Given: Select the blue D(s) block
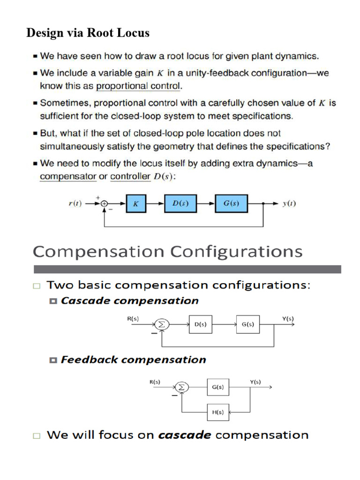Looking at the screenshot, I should coord(180,203).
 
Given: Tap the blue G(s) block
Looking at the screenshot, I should coord(231,203).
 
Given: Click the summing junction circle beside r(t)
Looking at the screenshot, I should coord(104,204).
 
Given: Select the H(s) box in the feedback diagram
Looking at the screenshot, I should coord(218,412).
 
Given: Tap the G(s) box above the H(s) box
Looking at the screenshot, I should coord(218,387).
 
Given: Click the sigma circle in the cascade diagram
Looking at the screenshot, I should coord(162,324).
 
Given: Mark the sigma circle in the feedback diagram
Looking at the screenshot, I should coord(182,387).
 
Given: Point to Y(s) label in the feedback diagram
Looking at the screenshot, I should coord(255,382).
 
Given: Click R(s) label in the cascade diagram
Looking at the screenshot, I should coord(133,319).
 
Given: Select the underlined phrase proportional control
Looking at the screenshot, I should coord(138,86).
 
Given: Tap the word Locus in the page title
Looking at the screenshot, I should coord(134,33).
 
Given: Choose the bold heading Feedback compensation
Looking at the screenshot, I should coord(134,360).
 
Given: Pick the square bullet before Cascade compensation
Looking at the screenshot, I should coord(53,300).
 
